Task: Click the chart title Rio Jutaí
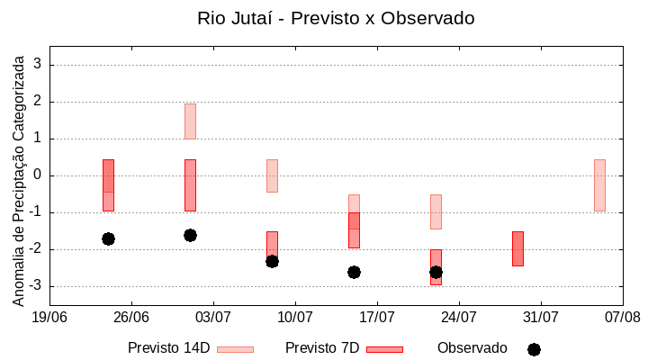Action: (x=336, y=18)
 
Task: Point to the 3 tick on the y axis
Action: (x=38, y=65)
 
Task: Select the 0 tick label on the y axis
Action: (x=38, y=175)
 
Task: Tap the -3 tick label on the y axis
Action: (x=35, y=286)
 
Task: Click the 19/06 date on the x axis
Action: (x=49, y=317)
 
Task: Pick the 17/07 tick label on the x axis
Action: (x=377, y=317)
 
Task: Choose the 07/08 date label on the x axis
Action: (x=623, y=317)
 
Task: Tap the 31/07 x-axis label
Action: (x=541, y=317)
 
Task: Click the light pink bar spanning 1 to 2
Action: (x=190, y=121)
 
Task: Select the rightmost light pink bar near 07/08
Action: (x=599, y=185)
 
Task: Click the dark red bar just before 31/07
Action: (x=517, y=248)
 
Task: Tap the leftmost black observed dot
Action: (x=108, y=238)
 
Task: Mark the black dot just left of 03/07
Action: (x=190, y=235)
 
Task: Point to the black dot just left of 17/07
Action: (x=354, y=272)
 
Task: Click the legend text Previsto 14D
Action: (x=168, y=348)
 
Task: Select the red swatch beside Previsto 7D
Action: (x=384, y=349)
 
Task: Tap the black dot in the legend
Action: (x=534, y=349)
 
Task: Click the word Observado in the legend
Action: (x=472, y=348)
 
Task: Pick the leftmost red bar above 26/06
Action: (x=108, y=185)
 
